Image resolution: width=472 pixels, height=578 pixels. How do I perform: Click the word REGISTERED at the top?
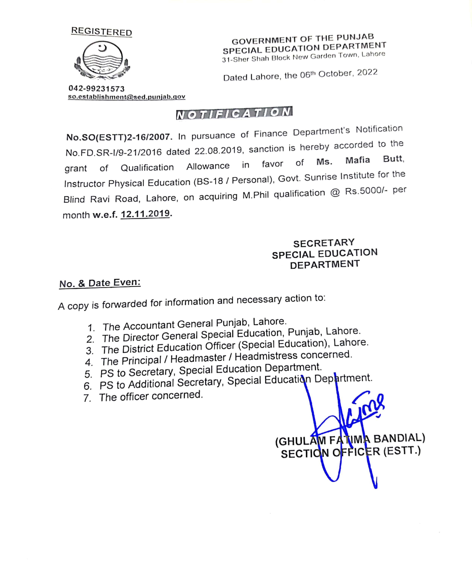tap(101, 32)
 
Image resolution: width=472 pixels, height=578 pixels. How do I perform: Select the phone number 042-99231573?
tap(97, 89)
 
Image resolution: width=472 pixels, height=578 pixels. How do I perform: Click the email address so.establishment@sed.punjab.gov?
tap(126, 97)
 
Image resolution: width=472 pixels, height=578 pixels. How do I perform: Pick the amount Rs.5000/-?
tap(366, 191)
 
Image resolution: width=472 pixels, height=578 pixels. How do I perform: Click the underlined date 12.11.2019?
tap(145, 214)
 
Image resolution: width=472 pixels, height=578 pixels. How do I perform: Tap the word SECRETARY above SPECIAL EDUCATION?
tap(324, 243)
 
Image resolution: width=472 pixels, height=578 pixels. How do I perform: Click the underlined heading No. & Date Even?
tap(100, 283)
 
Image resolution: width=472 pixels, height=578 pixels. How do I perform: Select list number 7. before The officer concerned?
tap(87, 398)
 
